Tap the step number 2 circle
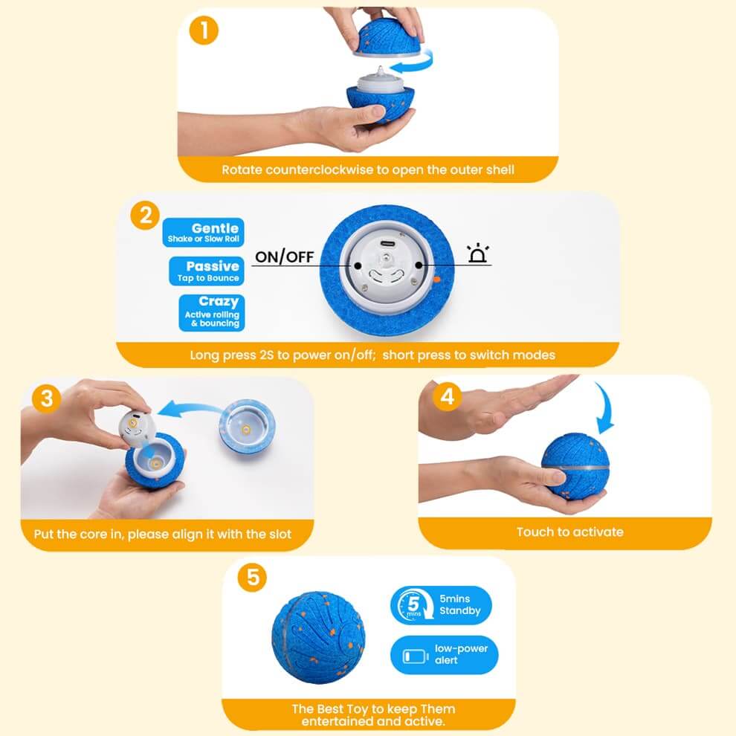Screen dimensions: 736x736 (x=145, y=215)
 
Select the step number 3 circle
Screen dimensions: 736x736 (x=47, y=398)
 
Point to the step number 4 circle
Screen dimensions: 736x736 (x=446, y=397)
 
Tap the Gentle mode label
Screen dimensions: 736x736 (x=203, y=232)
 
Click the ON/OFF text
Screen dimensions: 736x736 (x=285, y=257)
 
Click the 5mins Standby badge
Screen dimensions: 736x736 (x=441, y=604)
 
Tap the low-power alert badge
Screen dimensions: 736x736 (x=444, y=654)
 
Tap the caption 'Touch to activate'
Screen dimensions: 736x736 (x=569, y=532)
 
